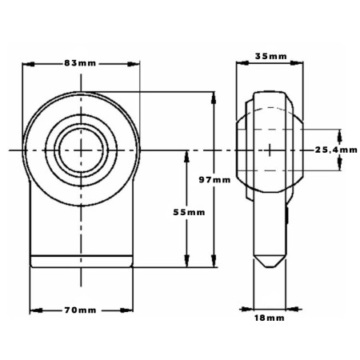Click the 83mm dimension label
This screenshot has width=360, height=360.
80,63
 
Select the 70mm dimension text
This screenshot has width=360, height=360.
80,310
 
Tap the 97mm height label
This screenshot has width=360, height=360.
214,180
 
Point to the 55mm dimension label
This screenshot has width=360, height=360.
189,212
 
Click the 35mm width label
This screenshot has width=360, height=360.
271,57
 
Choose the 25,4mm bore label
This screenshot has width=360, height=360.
336,150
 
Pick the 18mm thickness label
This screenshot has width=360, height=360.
270,318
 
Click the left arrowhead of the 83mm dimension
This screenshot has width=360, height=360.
29,64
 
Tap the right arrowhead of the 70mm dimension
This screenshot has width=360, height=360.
126,310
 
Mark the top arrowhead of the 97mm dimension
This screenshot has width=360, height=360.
214,98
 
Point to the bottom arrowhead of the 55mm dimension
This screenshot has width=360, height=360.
186,261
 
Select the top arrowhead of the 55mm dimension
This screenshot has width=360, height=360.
186,157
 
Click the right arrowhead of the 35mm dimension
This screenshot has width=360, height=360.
297,63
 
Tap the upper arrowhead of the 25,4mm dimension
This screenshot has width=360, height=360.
339,135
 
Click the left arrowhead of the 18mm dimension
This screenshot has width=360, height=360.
246,310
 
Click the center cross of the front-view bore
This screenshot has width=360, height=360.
81,150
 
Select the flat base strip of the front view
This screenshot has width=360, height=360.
82,262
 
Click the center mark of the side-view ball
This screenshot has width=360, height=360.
270,150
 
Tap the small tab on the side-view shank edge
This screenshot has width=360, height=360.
287,215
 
